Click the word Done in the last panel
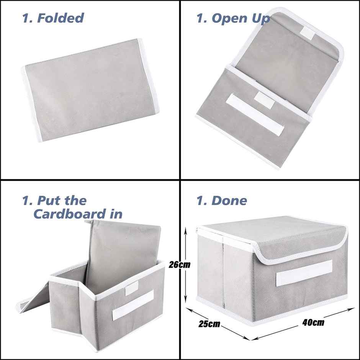pos(229,200)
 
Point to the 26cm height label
pos(179,265)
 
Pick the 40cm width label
pos(313,322)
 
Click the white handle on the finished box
pos(304,273)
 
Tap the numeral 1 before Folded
pos(26,18)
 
